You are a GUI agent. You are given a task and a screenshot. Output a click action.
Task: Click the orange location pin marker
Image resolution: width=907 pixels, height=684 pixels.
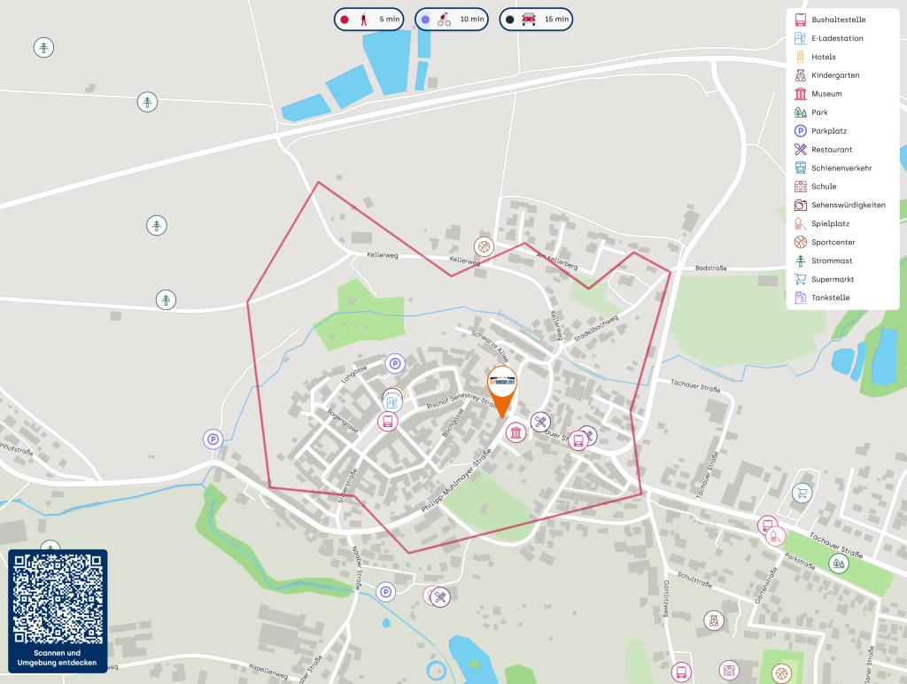[502, 388]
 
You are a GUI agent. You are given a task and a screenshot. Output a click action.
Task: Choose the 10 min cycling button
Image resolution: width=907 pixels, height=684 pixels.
[452, 19]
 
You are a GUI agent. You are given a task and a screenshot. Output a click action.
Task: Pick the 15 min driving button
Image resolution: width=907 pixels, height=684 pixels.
[536, 19]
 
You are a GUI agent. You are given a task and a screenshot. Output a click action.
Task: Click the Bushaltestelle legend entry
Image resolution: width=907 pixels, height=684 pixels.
[838, 19]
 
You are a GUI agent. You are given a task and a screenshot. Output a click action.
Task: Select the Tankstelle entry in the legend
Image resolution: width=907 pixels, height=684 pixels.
[830, 298]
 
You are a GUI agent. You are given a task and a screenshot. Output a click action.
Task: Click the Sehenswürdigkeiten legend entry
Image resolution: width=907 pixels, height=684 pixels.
[848, 205]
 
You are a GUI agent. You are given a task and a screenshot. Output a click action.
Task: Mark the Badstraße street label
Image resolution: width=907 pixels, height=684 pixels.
[710, 268]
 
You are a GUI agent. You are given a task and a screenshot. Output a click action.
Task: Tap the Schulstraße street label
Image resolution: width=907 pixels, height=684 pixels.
[694, 579]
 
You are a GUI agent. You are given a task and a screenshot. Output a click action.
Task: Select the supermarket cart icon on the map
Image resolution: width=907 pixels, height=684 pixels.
[802, 493]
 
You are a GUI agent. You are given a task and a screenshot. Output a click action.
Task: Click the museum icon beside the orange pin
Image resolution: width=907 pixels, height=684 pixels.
[516, 432]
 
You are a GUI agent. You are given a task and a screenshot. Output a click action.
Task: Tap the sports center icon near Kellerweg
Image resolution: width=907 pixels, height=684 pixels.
[484, 245]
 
